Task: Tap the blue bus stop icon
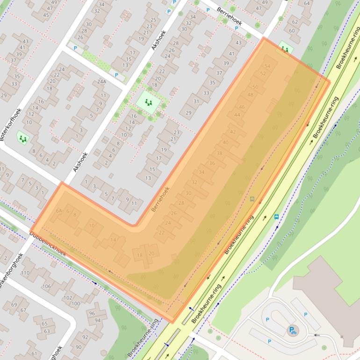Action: (276, 216)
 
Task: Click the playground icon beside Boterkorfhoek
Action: (22, 138)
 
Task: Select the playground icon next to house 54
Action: (284, 48)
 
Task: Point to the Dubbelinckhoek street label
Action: (48, 244)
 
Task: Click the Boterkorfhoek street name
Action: (11, 125)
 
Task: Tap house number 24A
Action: (101, 81)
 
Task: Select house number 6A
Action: (59, 211)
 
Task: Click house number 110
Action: (25, 273)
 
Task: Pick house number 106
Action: (47, 286)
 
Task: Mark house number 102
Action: (68, 297)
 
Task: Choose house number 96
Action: (92, 313)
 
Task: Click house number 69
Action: (14, 305)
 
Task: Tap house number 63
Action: (47, 331)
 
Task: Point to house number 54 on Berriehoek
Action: (267, 66)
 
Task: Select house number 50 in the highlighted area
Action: (255, 87)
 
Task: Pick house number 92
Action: (85, 337)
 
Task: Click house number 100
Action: (76, 303)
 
